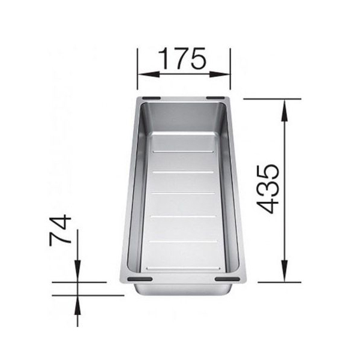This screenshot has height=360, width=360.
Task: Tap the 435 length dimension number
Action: pyautogui.click(x=268, y=189)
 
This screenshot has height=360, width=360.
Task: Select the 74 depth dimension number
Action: pyautogui.click(x=61, y=230)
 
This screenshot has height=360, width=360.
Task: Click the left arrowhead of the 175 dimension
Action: pyautogui.click(x=148, y=74)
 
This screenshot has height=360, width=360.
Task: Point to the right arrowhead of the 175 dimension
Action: pyautogui.click(x=220, y=74)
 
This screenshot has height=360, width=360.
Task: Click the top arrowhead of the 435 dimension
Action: pyautogui.click(x=284, y=110)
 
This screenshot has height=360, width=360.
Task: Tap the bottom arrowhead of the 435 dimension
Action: pyautogui.click(x=284, y=271)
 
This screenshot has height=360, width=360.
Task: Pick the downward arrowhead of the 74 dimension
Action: pyautogui.click(x=77, y=271)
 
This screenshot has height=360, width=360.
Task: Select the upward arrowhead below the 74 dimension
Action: pyautogui.click(x=77, y=307)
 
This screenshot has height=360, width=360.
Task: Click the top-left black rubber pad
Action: pyautogui.click(x=151, y=98)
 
